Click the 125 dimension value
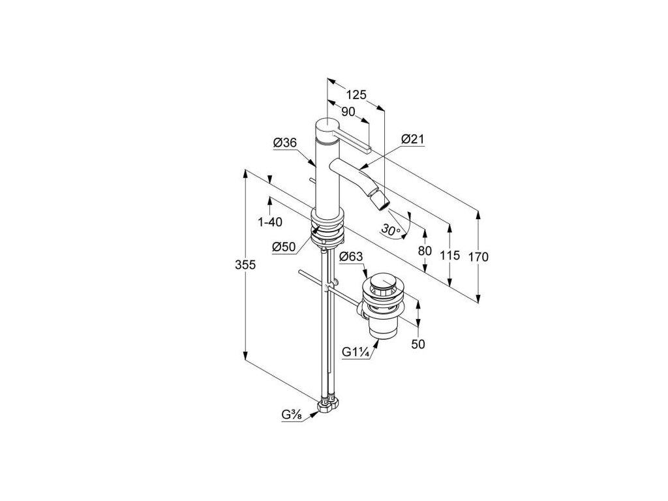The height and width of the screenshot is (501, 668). [x=356, y=95]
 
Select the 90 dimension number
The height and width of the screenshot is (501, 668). [x=348, y=112]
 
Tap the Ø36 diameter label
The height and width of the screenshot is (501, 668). [x=285, y=143]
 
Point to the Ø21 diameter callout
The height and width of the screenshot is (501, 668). [x=413, y=139]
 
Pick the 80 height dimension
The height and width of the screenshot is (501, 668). [x=425, y=250]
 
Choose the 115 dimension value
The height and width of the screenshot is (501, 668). [x=449, y=256]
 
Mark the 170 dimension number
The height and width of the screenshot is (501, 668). [x=478, y=256]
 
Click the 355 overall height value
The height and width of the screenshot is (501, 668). [x=246, y=265]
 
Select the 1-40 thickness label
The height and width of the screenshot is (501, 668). [x=269, y=222]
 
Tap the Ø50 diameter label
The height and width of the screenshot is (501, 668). [x=284, y=247]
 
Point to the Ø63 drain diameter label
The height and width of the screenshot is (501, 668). [x=351, y=256]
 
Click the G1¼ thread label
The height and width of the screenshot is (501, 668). [x=356, y=352]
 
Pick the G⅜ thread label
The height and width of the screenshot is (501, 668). [x=291, y=416]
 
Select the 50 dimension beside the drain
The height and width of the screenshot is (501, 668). [x=418, y=344]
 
